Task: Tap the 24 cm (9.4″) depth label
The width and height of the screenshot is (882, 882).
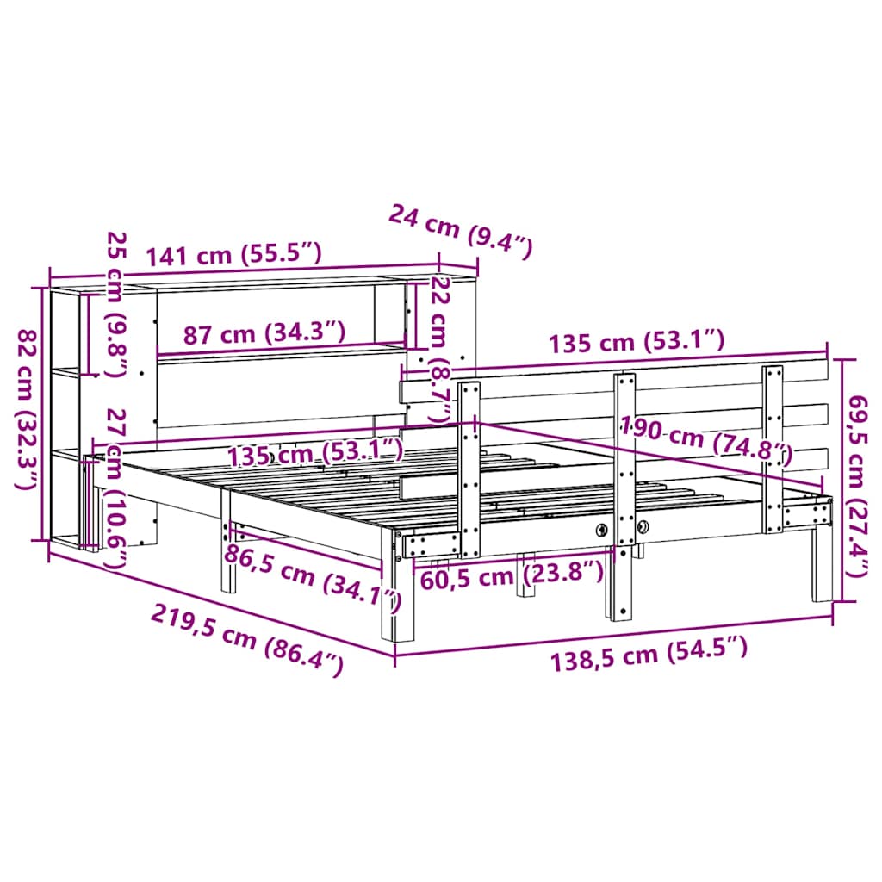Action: pos(461,230)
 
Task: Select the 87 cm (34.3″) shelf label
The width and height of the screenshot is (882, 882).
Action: pos(265,333)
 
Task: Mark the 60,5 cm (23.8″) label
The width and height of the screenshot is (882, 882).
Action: pos(511,575)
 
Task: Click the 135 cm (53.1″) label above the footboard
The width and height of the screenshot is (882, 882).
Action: pos(637,342)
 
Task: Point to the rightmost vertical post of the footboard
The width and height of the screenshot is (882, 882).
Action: pos(773,448)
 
